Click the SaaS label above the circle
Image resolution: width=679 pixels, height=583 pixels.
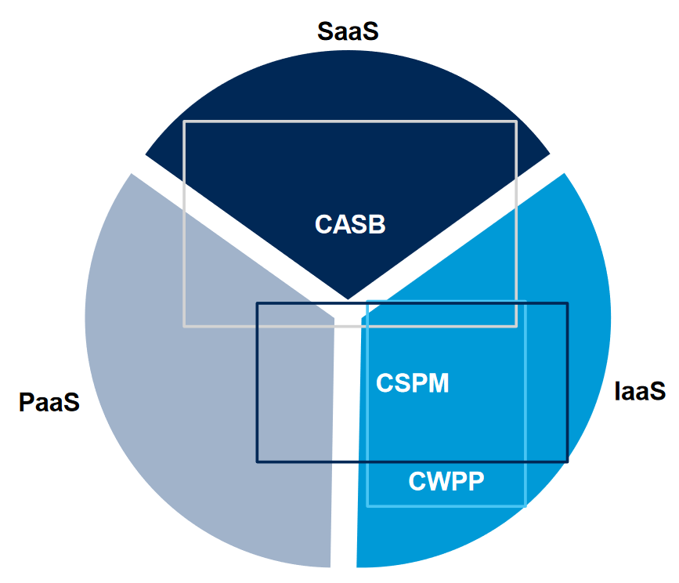(x=347, y=31)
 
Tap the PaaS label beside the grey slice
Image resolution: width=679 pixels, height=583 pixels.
(x=49, y=403)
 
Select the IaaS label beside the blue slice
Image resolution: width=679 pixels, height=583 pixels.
(x=640, y=389)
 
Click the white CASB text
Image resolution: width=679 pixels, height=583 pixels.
(x=350, y=224)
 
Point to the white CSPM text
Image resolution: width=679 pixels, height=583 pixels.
(x=413, y=383)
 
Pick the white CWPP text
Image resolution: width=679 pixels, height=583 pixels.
(x=446, y=481)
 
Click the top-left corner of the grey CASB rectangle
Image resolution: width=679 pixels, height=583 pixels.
(x=184, y=121)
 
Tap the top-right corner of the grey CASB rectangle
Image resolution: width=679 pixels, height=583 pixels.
(x=516, y=121)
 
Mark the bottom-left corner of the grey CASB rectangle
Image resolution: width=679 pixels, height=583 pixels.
(x=184, y=326)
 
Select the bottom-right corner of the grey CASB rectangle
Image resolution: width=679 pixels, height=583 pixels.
(x=516, y=326)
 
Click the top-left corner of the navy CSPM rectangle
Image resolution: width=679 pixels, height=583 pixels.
(x=258, y=303)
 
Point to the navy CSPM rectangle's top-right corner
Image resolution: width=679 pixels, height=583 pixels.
(x=567, y=303)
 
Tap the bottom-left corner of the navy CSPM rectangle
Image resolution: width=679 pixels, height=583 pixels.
(x=258, y=462)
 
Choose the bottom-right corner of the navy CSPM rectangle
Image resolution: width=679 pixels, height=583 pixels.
(x=567, y=462)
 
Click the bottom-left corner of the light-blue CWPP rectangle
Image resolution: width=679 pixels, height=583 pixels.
(x=367, y=505)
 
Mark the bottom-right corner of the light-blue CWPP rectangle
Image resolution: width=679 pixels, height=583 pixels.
(x=526, y=505)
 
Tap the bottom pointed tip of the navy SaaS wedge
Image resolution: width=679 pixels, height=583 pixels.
(x=348, y=299)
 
